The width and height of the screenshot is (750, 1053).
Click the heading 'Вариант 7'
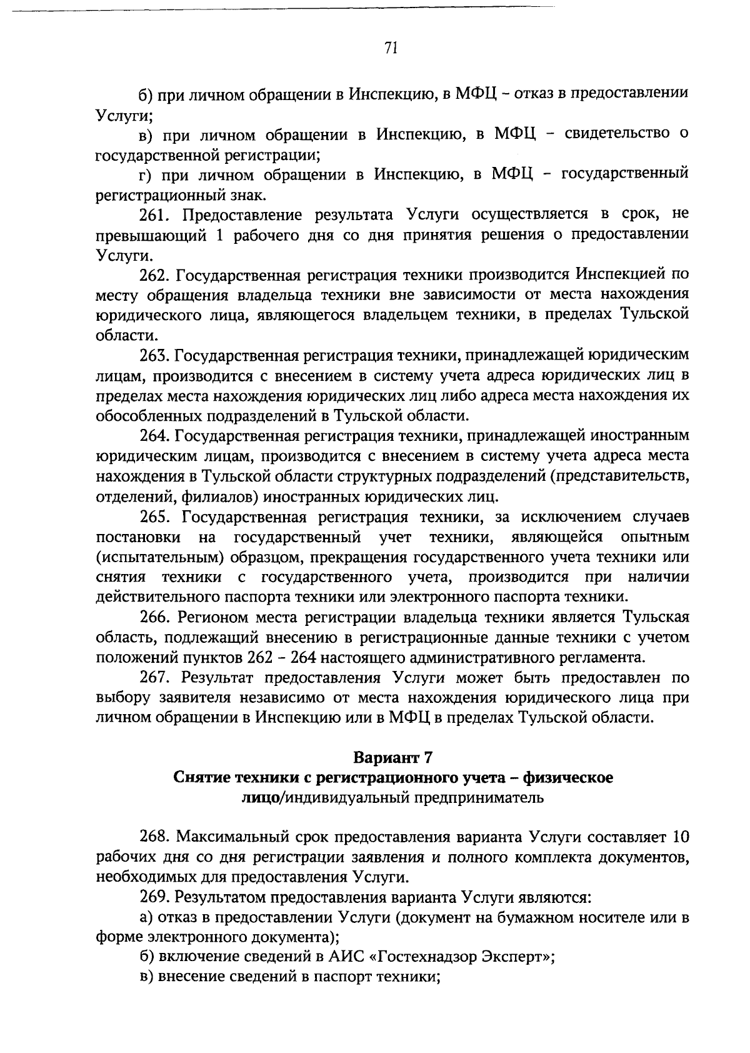tap(392, 757)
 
